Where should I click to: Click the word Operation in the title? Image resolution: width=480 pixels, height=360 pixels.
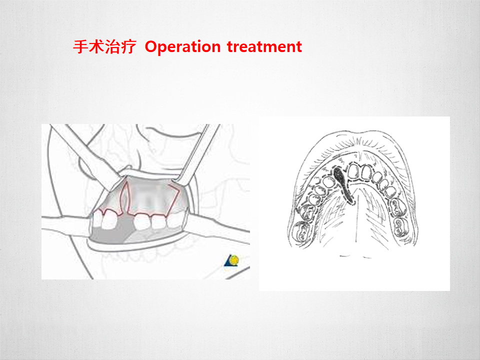(x=183, y=47)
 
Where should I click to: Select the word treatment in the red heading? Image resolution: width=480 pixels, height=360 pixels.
(x=264, y=46)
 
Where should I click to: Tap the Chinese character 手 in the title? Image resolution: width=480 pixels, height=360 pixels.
(x=81, y=47)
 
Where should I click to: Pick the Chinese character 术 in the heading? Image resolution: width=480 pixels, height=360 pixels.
(x=96, y=47)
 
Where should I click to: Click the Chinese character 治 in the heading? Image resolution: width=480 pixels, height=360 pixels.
(x=112, y=47)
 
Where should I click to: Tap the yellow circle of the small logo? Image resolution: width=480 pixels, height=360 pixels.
(x=235, y=260)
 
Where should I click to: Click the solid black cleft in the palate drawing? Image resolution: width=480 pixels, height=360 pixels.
(x=343, y=183)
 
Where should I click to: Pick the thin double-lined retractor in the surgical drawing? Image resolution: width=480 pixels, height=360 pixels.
(x=198, y=153)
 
